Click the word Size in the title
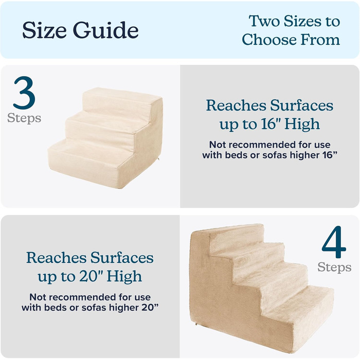tap(45, 30)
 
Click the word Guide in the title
tap(106, 30)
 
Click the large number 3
tap(24, 93)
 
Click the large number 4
tap(334, 242)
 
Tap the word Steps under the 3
tap(24, 118)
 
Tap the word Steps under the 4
tap(334, 267)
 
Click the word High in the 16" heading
tap(302, 124)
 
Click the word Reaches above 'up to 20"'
tap(57, 258)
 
